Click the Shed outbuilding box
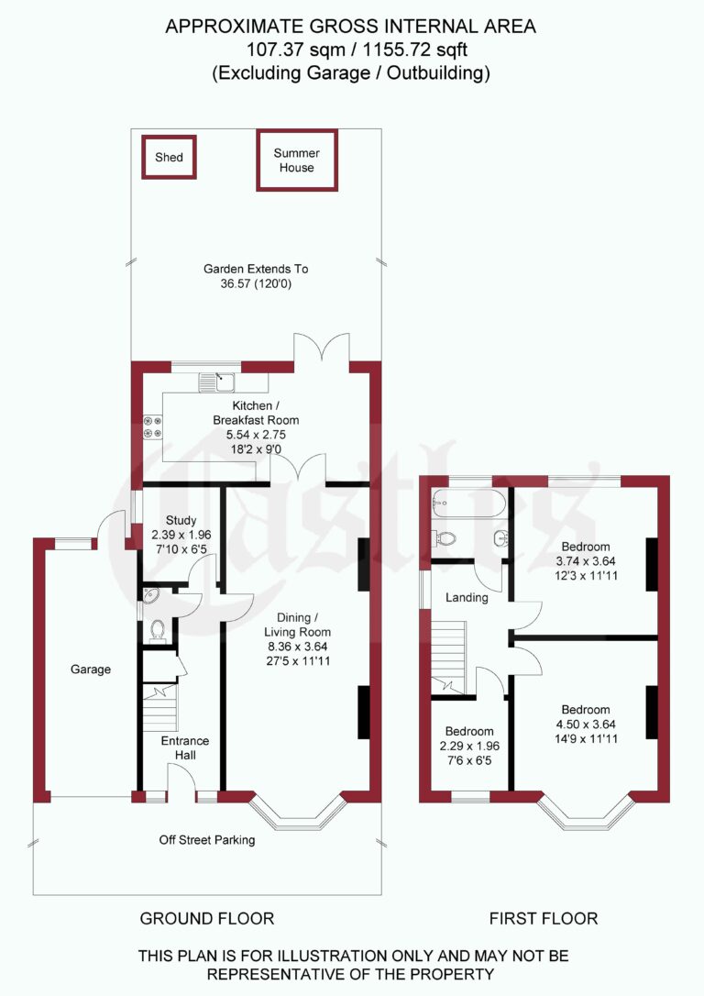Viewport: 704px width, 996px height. coord(169,157)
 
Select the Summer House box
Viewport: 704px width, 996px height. coord(296,160)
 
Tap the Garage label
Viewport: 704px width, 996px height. coord(90,670)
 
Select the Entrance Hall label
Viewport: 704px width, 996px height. coord(184,747)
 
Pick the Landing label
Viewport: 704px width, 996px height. coord(467,598)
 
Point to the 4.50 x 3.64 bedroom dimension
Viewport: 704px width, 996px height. coord(586,724)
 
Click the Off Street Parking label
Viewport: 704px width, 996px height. coord(207,839)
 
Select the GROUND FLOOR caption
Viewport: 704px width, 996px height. coord(206,918)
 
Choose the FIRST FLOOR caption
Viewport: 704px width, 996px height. coord(543,918)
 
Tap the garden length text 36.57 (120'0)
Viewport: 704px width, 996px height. coord(256,283)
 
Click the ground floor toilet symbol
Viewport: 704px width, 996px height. coord(157,630)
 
